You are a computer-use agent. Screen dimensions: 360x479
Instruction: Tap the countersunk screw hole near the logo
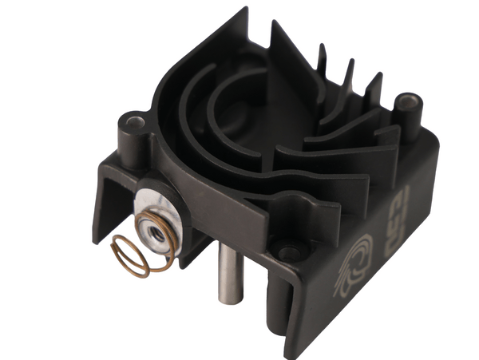coord(288,252)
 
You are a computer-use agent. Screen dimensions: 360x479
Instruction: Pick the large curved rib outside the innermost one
coord(192,112)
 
